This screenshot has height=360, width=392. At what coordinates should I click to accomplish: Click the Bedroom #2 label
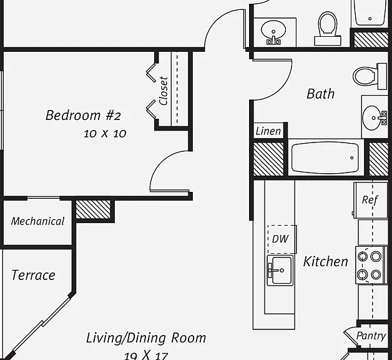(x=83, y=116)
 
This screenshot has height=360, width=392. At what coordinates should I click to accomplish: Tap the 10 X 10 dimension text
(x=105, y=134)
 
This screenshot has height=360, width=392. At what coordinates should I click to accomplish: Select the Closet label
(x=164, y=91)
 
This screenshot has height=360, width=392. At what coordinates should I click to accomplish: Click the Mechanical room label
(x=37, y=221)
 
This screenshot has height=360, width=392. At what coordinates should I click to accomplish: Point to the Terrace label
(x=33, y=275)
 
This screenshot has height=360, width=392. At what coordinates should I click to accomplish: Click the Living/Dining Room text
(x=146, y=338)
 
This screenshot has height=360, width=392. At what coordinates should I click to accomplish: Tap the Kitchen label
(x=325, y=262)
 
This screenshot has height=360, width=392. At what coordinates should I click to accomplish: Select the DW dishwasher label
(x=280, y=239)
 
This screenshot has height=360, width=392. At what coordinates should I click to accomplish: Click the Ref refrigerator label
(x=370, y=200)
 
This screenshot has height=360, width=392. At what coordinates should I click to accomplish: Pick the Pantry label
(x=371, y=336)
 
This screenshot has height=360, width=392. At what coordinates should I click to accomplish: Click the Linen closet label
(x=268, y=131)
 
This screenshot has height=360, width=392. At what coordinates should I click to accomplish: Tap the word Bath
(x=320, y=94)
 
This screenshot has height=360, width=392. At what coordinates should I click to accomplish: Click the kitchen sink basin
(x=280, y=271)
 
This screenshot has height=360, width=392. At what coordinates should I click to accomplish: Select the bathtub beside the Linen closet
(x=325, y=157)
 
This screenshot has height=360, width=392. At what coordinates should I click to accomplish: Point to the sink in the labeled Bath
(x=375, y=118)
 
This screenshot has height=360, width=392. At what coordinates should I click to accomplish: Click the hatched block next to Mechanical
(x=93, y=209)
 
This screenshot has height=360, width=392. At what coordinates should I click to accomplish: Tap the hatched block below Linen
(x=268, y=159)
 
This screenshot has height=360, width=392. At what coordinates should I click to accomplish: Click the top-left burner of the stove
(x=363, y=256)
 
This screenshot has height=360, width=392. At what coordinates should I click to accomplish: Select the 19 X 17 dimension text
(x=146, y=355)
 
